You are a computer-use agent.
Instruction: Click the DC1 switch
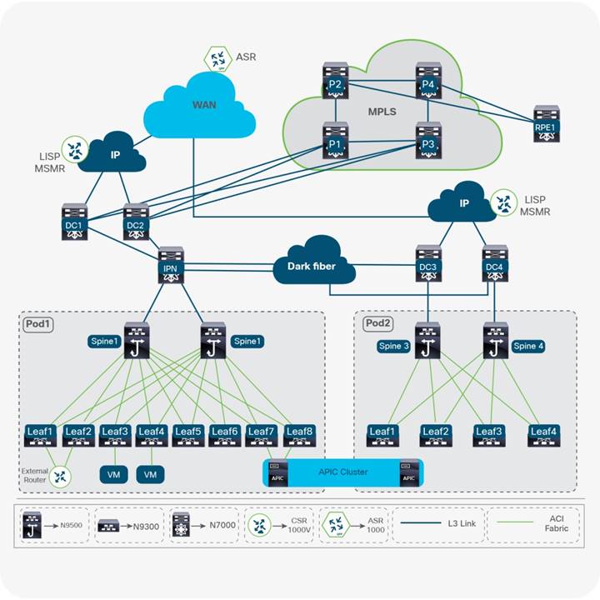(x=74, y=222)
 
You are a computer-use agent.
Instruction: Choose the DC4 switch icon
(x=494, y=265)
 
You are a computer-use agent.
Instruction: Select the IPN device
(x=170, y=264)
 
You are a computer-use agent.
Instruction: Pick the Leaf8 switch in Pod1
(x=298, y=435)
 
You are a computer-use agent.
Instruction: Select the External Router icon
(x=60, y=476)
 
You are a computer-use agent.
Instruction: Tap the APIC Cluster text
(x=342, y=472)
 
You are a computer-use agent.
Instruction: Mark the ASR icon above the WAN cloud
(x=217, y=58)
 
